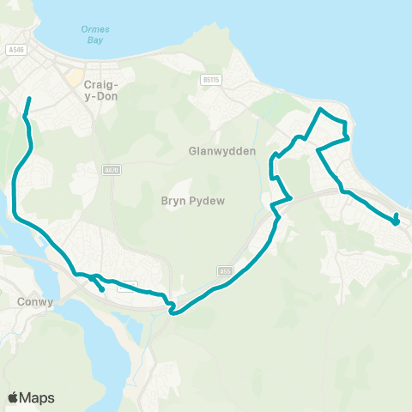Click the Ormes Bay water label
[95, 33]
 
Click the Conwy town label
[35, 302]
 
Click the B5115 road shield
[209, 79]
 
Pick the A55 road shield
[226, 270]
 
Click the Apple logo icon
[14, 397]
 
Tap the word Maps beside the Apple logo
[38, 397]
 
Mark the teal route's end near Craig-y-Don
[29, 100]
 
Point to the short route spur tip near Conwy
[103, 290]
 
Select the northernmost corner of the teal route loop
[321, 109]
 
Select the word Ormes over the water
[95, 28]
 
